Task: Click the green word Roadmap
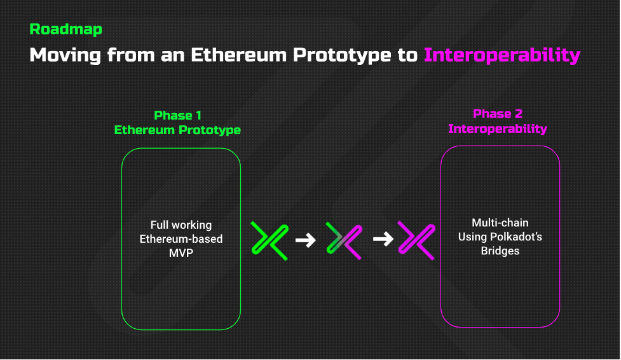click(x=65, y=29)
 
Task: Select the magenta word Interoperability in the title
click(x=502, y=55)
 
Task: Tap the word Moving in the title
click(x=65, y=55)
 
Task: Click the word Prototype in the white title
click(x=342, y=55)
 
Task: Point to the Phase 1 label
click(x=177, y=115)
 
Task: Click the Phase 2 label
click(x=498, y=114)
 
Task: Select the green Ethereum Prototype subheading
click(x=177, y=130)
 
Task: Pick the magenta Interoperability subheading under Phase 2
click(x=498, y=128)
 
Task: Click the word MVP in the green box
click(x=181, y=253)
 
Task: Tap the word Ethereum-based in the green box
click(x=181, y=239)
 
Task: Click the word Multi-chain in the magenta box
click(x=500, y=223)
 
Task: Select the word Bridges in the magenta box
click(x=500, y=251)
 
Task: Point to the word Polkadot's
click(x=516, y=237)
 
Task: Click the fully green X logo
click(x=270, y=240)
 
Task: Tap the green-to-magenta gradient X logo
click(x=344, y=240)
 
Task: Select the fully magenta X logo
click(x=416, y=240)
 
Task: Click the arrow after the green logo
click(x=305, y=240)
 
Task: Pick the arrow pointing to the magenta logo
click(x=383, y=239)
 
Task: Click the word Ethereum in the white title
click(x=238, y=55)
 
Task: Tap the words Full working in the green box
click(x=181, y=225)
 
